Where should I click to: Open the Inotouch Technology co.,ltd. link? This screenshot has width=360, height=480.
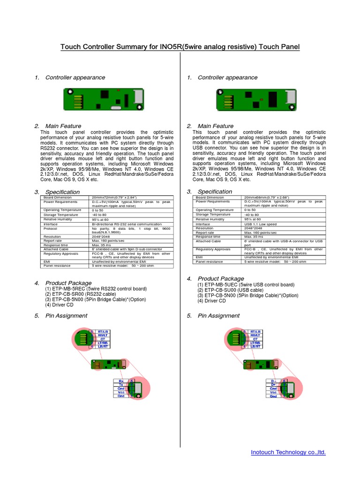tap(288, 452)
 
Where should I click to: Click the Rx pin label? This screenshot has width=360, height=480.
tap(121, 381)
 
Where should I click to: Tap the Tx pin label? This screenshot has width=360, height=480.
tap(121, 385)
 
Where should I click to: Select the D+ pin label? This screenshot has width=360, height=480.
tap(273, 385)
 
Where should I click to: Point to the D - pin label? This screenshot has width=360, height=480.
tap(273, 381)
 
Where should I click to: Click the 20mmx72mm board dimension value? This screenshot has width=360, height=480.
tap(111, 197)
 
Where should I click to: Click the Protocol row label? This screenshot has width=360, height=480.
tap(52, 229)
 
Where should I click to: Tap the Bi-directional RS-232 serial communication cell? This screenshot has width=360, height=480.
tap(127, 224)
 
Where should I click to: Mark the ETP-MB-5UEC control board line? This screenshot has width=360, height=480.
tap(246, 285)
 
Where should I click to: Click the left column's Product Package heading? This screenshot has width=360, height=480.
tap(68, 283)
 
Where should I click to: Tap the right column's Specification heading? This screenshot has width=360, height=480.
tap(215, 192)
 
